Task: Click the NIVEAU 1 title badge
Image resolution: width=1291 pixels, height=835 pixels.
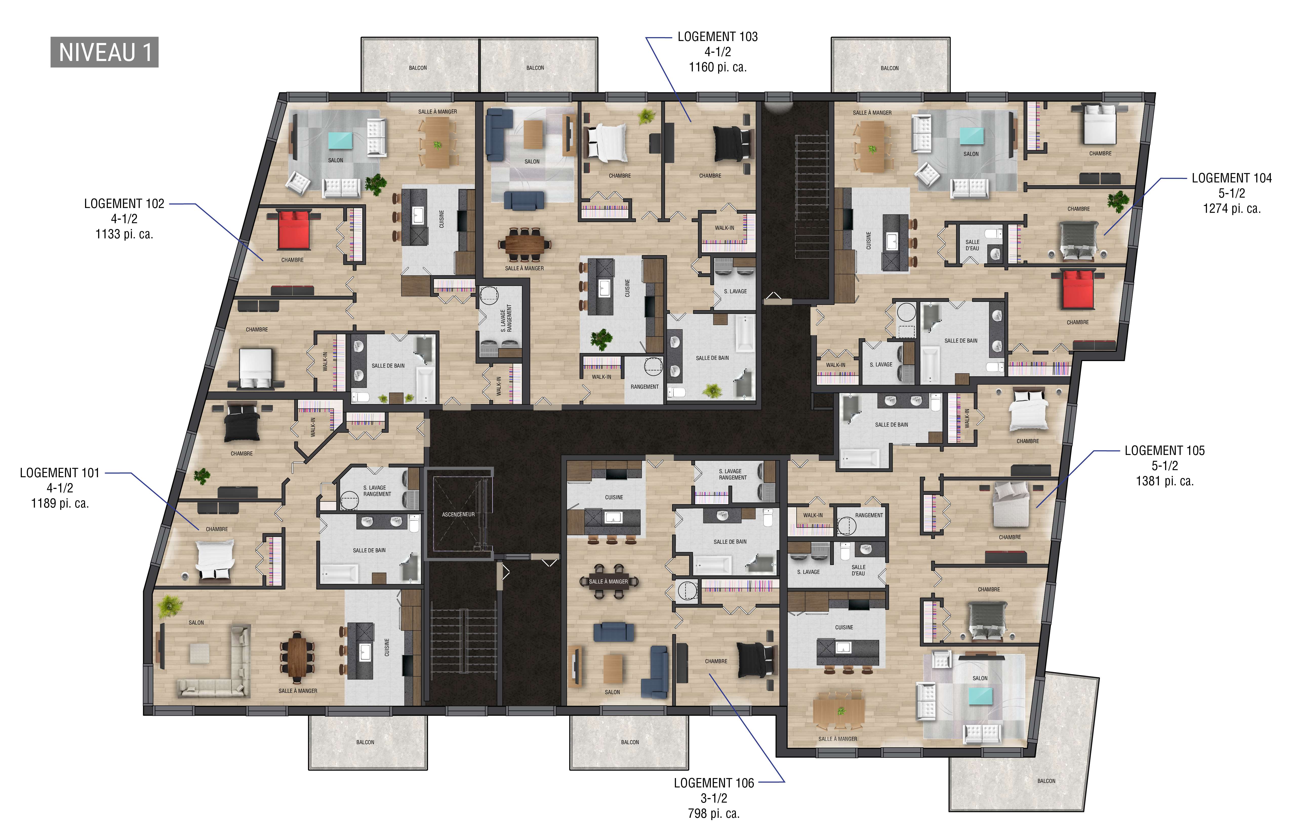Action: (x=104, y=53)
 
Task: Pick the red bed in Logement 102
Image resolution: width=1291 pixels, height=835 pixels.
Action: (x=293, y=230)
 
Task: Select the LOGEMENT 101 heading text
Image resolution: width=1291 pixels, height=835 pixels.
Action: (x=60, y=473)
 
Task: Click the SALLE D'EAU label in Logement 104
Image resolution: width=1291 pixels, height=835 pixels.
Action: (x=973, y=245)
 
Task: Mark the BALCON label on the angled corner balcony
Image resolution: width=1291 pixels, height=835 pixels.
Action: (x=1046, y=781)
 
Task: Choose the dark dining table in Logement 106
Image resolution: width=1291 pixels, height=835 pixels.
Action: (x=609, y=581)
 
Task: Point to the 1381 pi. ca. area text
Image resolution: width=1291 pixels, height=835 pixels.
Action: (x=1165, y=481)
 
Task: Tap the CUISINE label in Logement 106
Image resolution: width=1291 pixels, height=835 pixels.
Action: (x=614, y=497)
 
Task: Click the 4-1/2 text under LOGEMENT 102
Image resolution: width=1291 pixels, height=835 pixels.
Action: (x=124, y=219)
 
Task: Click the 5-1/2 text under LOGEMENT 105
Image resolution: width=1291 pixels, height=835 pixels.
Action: (x=1165, y=466)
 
